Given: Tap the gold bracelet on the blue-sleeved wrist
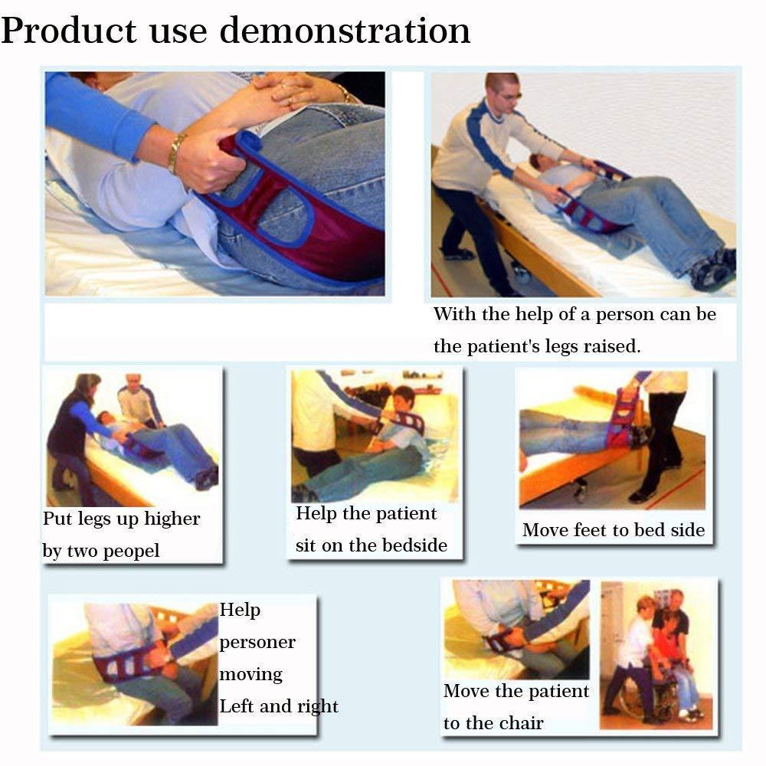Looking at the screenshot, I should [x=176, y=152].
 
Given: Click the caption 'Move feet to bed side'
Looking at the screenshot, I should [x=613, y=530].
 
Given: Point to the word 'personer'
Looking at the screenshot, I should [x=257, y=643].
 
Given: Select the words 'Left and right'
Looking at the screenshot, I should [x=279, y=706].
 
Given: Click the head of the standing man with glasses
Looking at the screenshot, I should [x=502, y=90].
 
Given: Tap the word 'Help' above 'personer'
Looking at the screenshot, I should [x=240, y=610].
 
